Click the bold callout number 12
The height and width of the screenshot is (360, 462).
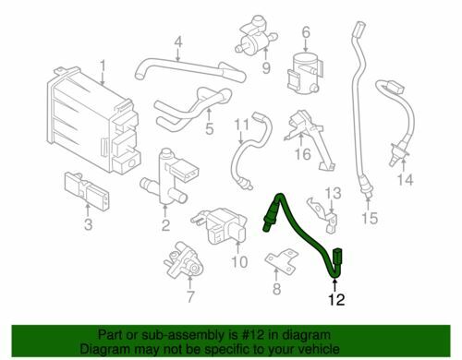[x=336, y=299]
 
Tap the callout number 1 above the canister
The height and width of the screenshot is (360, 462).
[x=103, y=66]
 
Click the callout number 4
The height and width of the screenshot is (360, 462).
[x=178, y=43]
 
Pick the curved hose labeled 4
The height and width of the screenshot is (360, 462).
[x=189, y=70]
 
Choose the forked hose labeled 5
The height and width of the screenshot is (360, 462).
[x=192, y=108]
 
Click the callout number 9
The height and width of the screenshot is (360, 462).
[x=266, y=68]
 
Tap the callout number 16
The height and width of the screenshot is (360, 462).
[x=302, y=153]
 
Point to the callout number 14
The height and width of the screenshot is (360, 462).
[x=405, y=179]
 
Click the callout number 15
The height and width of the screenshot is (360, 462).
[x=370, y=218]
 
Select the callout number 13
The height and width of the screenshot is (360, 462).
[x=334, y=194]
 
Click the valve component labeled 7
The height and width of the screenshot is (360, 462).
[x=183, y=259]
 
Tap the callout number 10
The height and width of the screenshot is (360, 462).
[x=239, y=262]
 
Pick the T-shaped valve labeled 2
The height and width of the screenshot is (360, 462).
[x=168, y=177]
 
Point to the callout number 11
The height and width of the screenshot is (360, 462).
[x=241, y=126]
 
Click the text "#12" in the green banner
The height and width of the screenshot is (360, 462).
[x=254, y=335]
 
